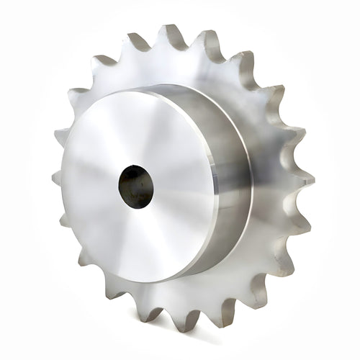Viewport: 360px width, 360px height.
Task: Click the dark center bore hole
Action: (x=136, y=186)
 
